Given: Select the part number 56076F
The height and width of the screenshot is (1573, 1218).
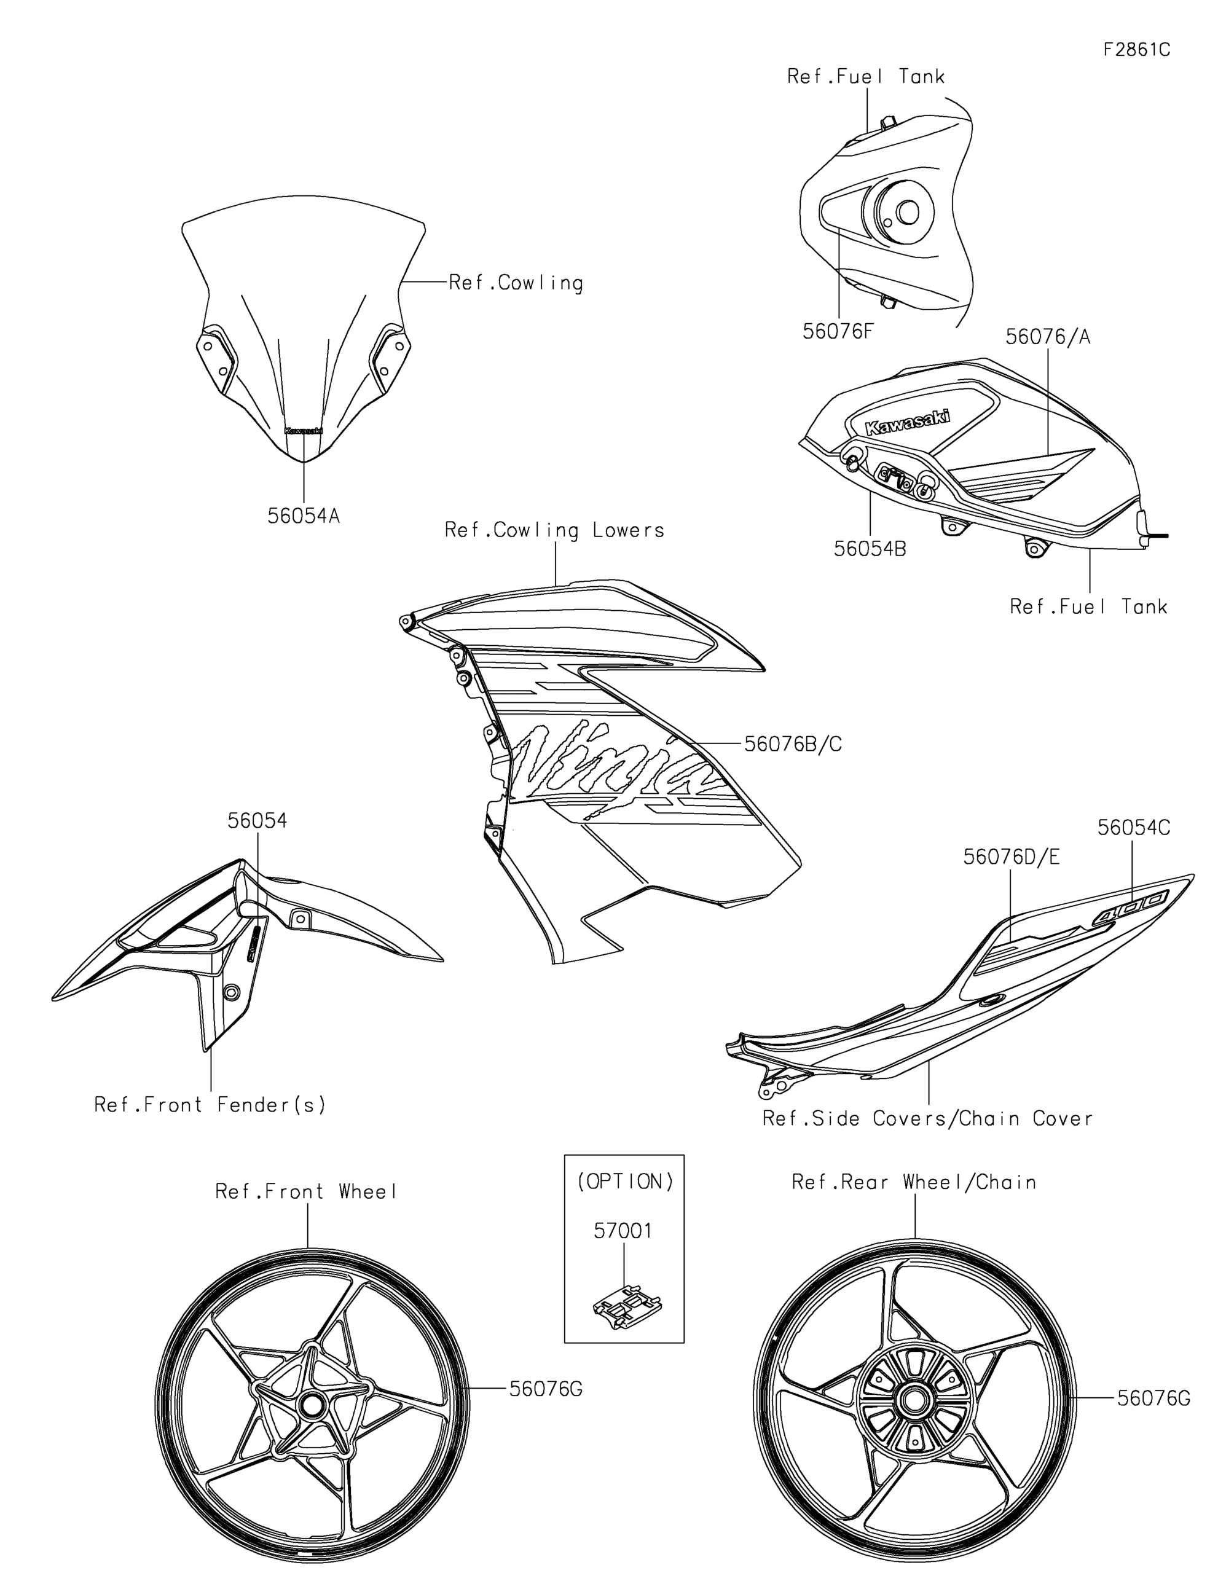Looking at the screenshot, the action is point(838,331).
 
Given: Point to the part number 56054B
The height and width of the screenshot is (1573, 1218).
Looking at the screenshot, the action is point(870,549).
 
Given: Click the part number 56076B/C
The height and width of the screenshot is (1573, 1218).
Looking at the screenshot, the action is point(793,744).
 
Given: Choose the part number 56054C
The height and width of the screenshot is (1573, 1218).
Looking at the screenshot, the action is point(1134,828).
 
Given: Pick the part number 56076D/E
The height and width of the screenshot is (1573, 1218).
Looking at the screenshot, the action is point(1012,857).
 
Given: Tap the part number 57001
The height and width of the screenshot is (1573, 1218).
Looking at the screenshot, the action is point(623,1231).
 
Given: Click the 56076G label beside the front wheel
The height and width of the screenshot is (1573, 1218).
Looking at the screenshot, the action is point(546,1389).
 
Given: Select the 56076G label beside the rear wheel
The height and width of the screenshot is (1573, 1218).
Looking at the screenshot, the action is point(1154,1398).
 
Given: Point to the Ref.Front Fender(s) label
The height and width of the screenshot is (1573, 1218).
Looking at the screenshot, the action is point(210,1104).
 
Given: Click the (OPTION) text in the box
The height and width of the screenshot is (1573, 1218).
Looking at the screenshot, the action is point(624,1181).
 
